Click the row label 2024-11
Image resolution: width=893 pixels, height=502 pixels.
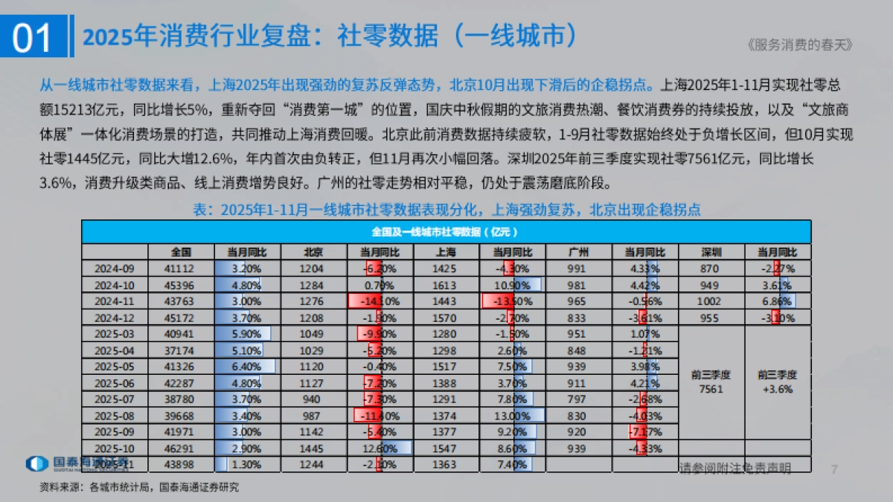click(x=115, y=300)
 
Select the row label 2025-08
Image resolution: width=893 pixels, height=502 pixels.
click(x=115, y=415)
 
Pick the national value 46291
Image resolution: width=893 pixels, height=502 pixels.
click(x=182, y=448)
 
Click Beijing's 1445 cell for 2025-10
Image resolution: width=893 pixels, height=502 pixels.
click(x=313, y=448)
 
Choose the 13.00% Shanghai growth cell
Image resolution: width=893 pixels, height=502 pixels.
click(x=513, y=415)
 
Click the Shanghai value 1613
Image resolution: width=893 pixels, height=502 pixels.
click(x=446, y=284)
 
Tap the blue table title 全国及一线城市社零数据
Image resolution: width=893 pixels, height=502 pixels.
click(x=446, y=231)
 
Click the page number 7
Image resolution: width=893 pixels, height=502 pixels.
click(x=834, y=469)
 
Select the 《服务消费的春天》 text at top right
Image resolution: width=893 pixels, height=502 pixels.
click(x=798, y=45)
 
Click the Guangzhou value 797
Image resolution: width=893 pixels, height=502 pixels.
click(x=578, y=399)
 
